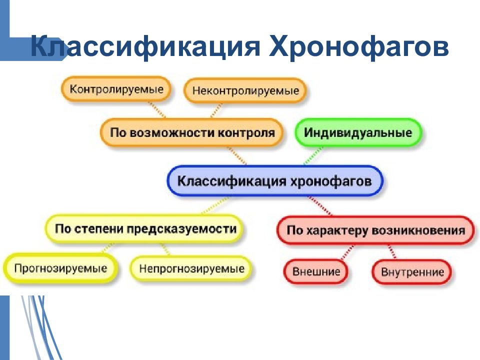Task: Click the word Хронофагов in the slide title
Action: [359, 46]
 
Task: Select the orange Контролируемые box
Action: [116, 89]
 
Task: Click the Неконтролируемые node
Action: [245, 90]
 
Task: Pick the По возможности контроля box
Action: [192, 132]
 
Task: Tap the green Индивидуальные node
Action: [358, 132]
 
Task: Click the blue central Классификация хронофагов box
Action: [275, 181]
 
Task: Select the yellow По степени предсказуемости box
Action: [145, 228]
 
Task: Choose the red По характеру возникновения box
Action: [375, 230]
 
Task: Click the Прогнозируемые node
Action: [60, 268]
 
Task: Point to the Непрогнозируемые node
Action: [191, 269]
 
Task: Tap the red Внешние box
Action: [316, 271]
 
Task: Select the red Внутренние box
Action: [412, 272]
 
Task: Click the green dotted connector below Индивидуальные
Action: [313, 155]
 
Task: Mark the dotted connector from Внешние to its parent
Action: [347, 252]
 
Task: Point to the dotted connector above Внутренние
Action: [392, 251]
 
